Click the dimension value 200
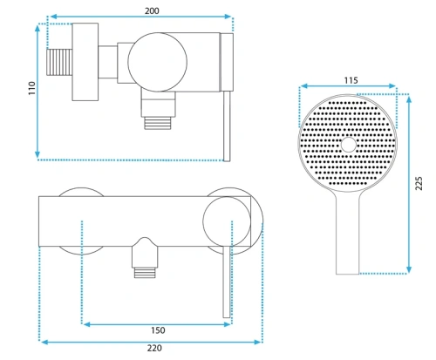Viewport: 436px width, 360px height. [x=152, y=10]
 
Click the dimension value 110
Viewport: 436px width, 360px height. [x=31, y=88]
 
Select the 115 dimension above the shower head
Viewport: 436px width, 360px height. [x=351, y=80]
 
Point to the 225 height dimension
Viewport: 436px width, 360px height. [x=419, y=183]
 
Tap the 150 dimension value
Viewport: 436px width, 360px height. [x=158, y=330]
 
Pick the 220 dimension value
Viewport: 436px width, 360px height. [x=154, y=348]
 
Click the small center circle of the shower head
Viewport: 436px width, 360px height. [x=349, y=145]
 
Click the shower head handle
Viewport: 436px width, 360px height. [x=348, y=233]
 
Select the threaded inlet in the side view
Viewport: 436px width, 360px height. [x=59, y=62]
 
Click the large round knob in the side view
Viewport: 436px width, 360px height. [x=157, y=62]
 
